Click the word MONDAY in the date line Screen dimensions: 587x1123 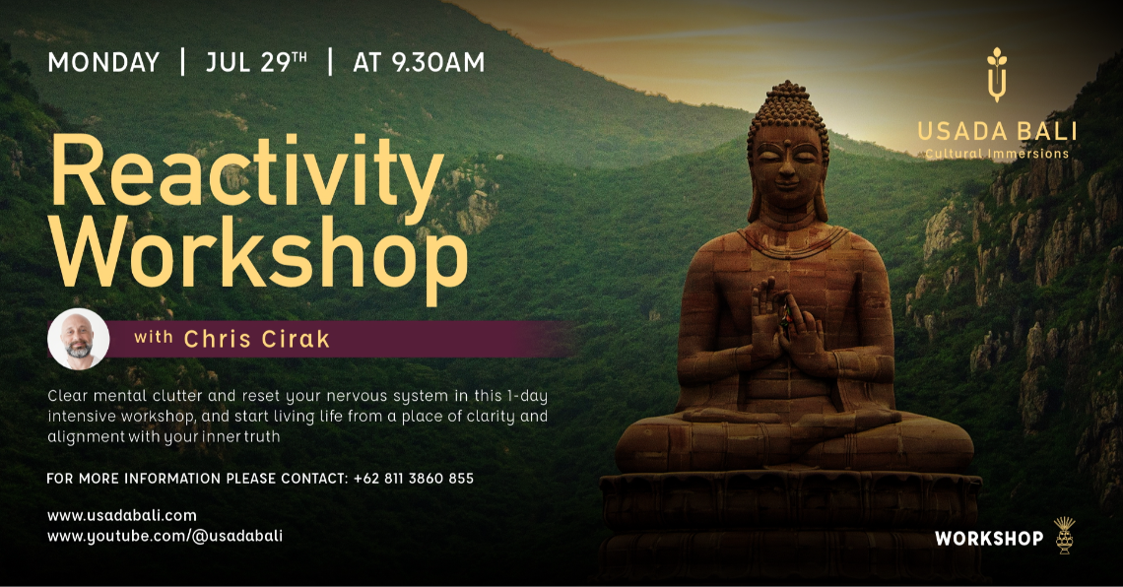[103, 63]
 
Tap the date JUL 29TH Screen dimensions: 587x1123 [256, 63]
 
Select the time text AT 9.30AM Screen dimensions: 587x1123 [419, 63]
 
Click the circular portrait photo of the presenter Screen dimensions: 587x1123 [79, 339]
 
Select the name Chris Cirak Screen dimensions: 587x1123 [257, 340]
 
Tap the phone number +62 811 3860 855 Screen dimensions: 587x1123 [413, 479]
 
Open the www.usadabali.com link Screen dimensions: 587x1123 [122, 515]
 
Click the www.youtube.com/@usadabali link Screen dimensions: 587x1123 [165, 536]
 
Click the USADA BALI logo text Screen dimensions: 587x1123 [997, 132]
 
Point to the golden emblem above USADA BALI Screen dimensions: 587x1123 [997, 74]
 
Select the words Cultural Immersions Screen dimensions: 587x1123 [997, 154]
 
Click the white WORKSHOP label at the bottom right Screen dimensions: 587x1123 [989, 539]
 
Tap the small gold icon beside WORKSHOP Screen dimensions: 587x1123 [1064, 535]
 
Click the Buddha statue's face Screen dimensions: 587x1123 [785, 163]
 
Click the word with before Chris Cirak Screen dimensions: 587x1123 [154, 339]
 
